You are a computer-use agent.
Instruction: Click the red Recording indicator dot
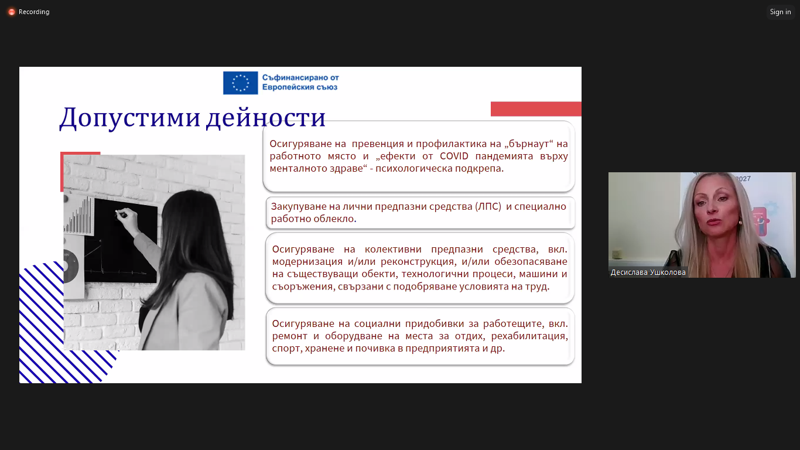pyautogui.click(x=12, y=12)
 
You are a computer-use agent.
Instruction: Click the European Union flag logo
pyautogui.click(x=240, y=83)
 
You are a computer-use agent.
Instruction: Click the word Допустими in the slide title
pyautogui.click(x=129, y=117)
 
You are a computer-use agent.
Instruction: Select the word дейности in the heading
pyautogui.click(x=266, y=117)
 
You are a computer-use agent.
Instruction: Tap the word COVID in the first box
pyautogui.click(x=453, y=156)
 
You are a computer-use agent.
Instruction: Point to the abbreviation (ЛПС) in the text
pyautogui.click(x=488, y=207)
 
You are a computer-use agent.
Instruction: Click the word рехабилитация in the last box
pyautogui.click(x=529, y=336)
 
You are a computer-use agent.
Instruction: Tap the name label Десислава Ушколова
pyautogui.click(x=648, y=272)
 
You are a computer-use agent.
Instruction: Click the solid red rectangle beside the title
pyautogui.click(x=536, y=109)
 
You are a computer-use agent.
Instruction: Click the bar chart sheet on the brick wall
pyautogui.click(x=79, y=216)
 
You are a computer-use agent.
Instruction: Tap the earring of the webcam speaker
pyautogui.click(x=740, y=223)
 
